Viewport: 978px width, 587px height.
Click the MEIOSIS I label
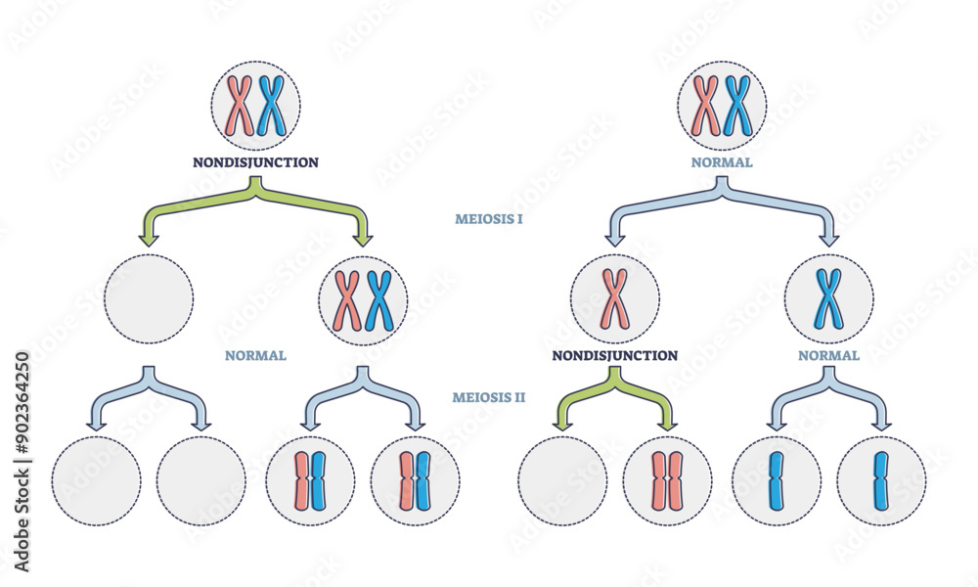(x=488, y=219)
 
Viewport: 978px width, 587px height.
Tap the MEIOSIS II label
(x=488, y=397)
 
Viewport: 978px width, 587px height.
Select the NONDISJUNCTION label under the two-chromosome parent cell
(x=255, y=162)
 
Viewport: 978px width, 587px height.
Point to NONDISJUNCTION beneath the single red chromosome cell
(x=614, y=355)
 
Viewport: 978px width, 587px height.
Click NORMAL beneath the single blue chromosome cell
(x=828, y=355)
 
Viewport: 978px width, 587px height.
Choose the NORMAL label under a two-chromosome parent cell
(x=722, y=162)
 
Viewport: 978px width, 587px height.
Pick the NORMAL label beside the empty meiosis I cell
(x=255, y=355)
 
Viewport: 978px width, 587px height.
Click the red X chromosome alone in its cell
(x=614, y=298)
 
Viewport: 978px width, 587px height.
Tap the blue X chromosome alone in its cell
(x=828, y=298)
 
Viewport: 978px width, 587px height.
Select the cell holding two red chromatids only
(x=667, y=481)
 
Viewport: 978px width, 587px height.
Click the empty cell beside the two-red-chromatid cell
(x=561, y=481)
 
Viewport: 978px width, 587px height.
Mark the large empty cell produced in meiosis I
(x=149, y=298)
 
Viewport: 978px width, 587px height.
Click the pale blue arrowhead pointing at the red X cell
(x=614, y=238)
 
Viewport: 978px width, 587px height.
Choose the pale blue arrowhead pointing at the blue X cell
(x=828, y=238)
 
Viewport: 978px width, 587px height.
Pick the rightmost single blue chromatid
(x=881, y=481)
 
